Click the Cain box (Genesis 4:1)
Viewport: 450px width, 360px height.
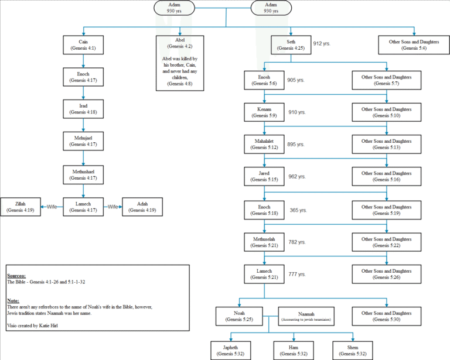coord(83,45)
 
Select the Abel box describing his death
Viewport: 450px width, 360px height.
coord(180,63)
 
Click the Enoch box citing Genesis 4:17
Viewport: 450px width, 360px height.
coord(83,78)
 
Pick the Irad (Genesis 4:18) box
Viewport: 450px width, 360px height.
coord(83,109)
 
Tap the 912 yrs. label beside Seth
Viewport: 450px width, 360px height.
coord(322,43)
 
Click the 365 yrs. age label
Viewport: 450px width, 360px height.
coord(298,210)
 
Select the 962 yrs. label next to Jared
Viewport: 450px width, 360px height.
coord(298,177)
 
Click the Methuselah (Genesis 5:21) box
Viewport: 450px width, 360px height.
coord(264,243)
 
